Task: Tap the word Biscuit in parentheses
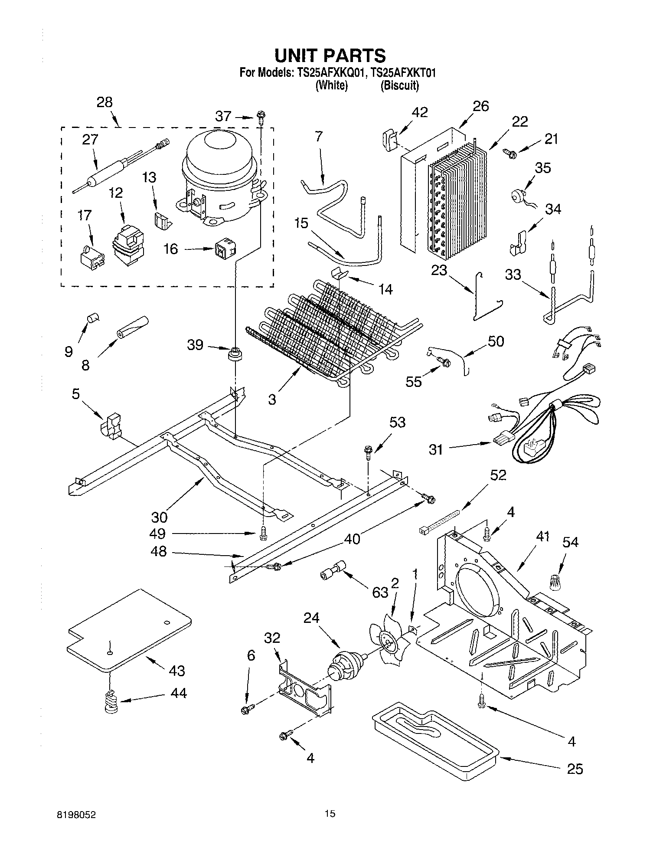pos(399,85)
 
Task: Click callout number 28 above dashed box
pos(105,102)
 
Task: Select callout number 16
pos(171,249)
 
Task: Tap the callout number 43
pos(176,670)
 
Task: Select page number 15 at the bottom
pos(330,814)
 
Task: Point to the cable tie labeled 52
pos(439,522)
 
